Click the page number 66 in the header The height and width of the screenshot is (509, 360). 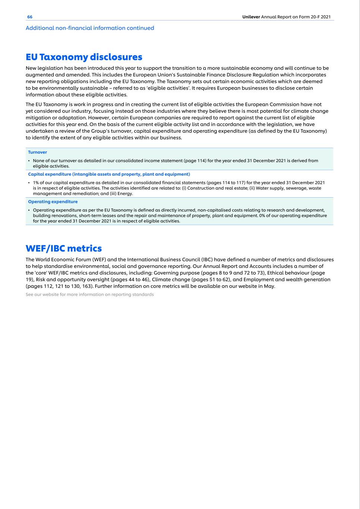(30, 17)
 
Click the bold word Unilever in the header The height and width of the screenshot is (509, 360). (251, 17)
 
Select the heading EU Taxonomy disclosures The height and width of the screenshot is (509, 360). (84, 57)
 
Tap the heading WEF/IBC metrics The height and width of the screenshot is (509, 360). (63, 248)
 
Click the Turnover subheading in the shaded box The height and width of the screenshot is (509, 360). (37, 152)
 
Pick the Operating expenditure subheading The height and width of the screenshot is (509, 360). (53, 202)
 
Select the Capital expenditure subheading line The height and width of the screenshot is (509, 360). (109, 174)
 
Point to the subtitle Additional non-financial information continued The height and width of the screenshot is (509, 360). (90, 28)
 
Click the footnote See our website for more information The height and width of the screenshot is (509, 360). (90, 295)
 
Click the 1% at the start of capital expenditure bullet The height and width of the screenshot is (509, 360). (36, 183)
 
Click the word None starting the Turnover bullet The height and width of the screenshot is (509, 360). (38, 161)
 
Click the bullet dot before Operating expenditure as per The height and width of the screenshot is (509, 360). (29, 210)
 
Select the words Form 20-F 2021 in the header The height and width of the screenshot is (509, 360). (315, 17)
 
